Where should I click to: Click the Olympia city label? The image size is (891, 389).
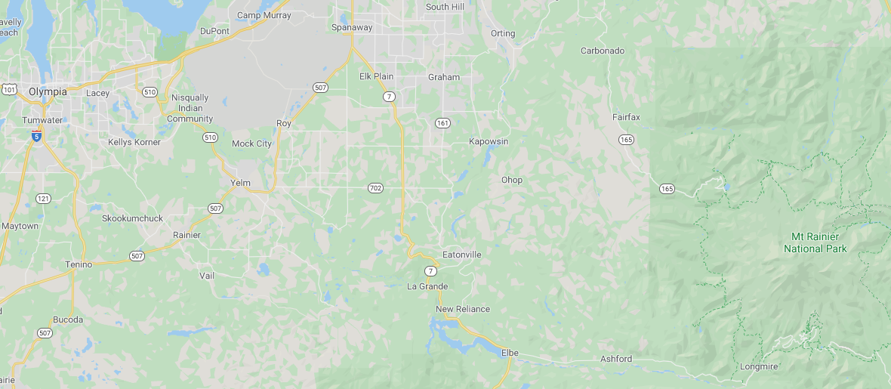point(48,92)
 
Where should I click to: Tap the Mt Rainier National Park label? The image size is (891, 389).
point(815,243)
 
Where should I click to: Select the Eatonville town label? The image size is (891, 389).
point(461,255)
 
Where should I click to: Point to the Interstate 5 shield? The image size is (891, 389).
point(36,136)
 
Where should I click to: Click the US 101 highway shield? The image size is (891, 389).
point(9,90)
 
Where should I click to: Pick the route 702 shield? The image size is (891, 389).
point(375,187)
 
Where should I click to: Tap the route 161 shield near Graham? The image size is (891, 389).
point(443,122)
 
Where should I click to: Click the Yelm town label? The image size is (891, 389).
point(240,183)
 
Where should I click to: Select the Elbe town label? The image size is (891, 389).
point(510,352)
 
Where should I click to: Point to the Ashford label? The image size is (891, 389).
point(616,359)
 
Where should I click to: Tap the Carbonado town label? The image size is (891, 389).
point(603,51)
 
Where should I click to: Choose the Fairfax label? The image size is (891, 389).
point(626,117)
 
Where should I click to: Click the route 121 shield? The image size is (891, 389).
point(43,199)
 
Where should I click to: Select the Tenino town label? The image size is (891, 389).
point(79,264)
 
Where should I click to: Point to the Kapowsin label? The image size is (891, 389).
point(489,141)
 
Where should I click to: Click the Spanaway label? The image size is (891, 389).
point(352,27)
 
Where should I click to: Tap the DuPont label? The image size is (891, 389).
point(214,31)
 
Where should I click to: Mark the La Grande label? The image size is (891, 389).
point(427,286)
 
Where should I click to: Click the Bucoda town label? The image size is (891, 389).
point(67,320)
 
